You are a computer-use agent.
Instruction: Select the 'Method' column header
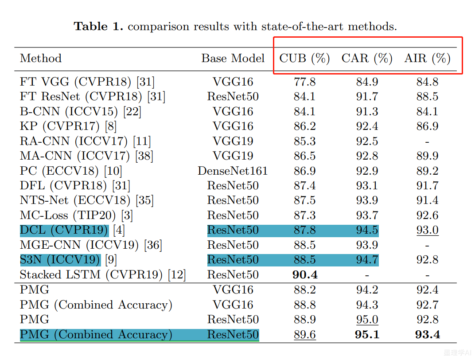point(41,59)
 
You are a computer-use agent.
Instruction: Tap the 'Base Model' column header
point(233,59)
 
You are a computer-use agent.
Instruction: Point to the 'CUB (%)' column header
point(305,59)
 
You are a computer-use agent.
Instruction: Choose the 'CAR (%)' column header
point(367,59)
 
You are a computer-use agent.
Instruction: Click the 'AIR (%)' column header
point(428,59)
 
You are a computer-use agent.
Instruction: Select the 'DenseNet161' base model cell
point(233,171)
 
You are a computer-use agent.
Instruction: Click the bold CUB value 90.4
point(305,275)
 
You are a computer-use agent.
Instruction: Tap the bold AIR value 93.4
point(428,334)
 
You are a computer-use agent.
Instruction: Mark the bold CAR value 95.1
point(367,334)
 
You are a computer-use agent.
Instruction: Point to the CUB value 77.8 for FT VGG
point(305,82)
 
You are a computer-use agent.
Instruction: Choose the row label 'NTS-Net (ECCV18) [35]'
point(87,200)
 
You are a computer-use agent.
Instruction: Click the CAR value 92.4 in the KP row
point(367,126)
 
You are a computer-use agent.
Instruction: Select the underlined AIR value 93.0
point(428,230)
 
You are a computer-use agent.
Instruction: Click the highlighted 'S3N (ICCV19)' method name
point(60,260)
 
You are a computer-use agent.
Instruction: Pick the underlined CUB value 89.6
point(305,334)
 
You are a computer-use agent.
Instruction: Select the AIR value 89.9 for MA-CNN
point(428,156)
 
